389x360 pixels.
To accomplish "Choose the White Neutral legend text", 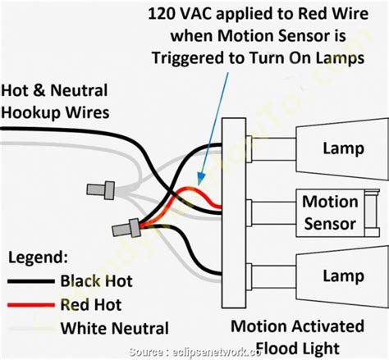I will [x=115, y=329].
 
